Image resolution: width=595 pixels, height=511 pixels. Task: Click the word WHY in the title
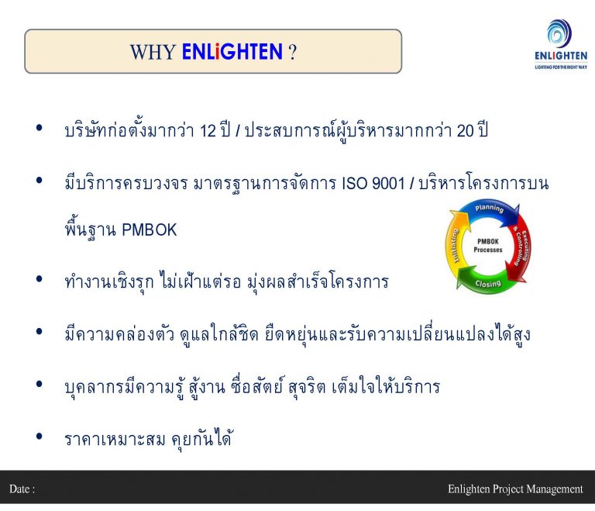click(x=152, y=52)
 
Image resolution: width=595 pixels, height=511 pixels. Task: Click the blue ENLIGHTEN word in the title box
click(x=232, y=52)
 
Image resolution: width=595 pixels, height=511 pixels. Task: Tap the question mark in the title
click(x=293, y=52)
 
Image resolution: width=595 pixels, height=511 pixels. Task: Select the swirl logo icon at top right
click(x=559, y=33)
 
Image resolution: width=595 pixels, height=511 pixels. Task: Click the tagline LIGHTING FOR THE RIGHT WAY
click(x=560, y=67)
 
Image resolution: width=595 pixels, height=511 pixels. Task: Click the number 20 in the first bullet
click(x=465, y=130)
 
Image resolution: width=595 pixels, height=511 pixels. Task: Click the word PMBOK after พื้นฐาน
click(x=150, y=230)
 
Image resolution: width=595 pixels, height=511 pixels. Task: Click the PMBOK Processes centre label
click(x=488, y=247)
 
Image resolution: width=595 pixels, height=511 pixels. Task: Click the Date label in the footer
click(x=22, y=489)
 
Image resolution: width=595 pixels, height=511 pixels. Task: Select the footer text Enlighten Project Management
click(x=515, y=489)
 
